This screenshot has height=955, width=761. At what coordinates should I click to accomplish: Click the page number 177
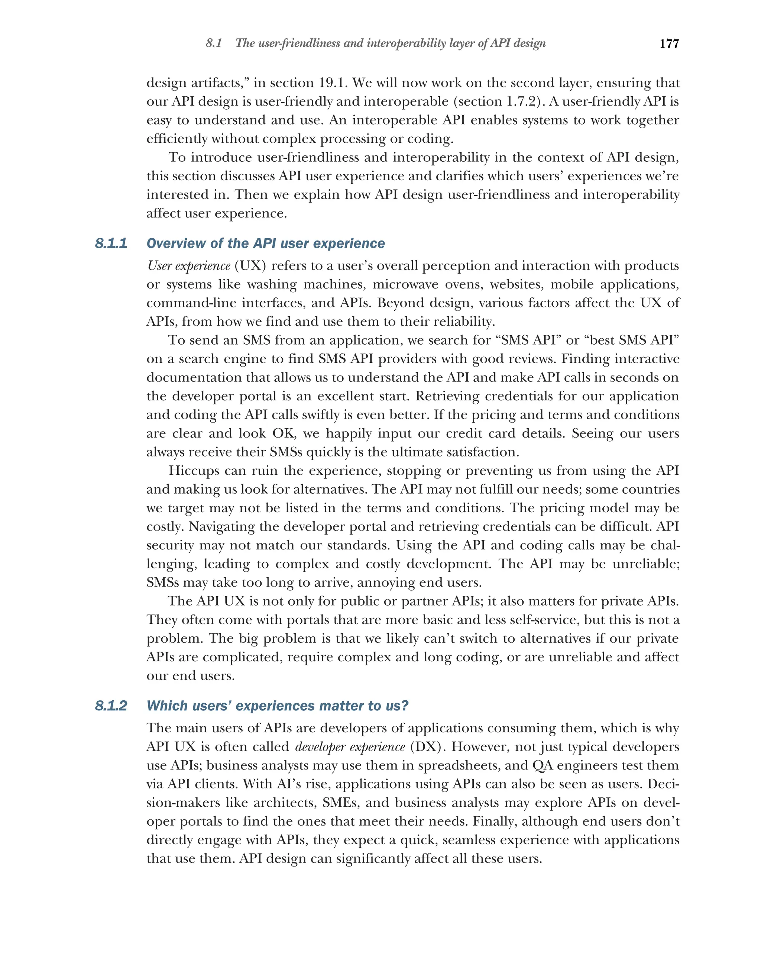[668, 43]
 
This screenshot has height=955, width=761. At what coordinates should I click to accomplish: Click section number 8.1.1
[111, 243]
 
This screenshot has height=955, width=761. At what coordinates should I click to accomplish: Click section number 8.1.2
[111, 705]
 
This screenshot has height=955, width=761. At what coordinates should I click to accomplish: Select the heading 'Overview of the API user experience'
[266, 243]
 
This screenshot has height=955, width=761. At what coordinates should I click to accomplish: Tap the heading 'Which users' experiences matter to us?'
[277, 705]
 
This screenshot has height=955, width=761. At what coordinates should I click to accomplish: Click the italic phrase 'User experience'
[189, 266]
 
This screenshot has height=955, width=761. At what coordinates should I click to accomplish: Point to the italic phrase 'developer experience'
[350, 747]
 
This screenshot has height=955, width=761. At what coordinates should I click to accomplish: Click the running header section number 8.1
[213, 43]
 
